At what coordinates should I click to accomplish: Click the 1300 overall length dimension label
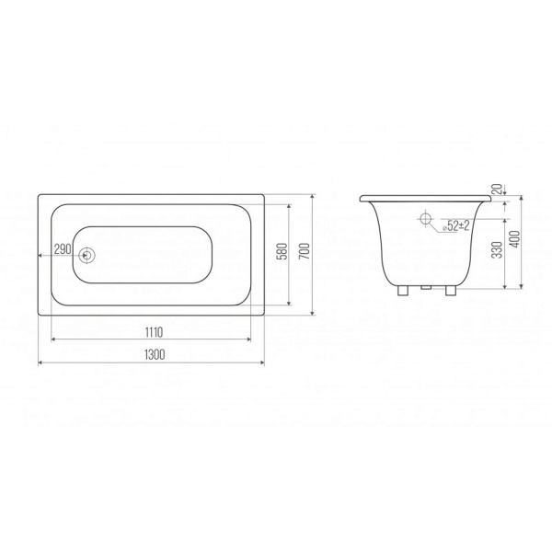tap(155, 354)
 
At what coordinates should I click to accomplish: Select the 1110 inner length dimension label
tap(154, 332)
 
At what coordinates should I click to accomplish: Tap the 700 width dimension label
tap(305, 251)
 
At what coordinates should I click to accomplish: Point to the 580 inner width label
tap(282, 251)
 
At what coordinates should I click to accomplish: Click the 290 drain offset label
tap(63, 249)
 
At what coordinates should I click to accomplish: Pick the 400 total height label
tap(514, 239)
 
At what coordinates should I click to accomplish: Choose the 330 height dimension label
tap(497, 249)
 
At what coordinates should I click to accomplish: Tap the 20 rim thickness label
tap(497, 190)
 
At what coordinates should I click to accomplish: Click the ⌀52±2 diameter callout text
tap(456, 225)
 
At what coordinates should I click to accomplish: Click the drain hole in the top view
tap(86, 255)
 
